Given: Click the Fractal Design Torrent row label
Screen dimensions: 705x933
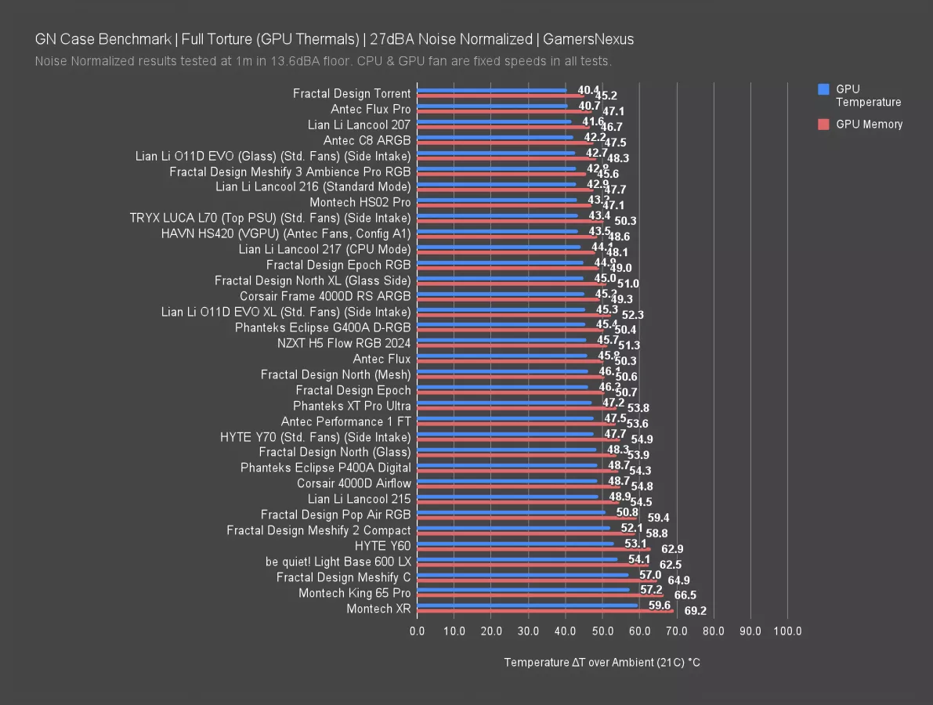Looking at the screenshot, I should pos(352,93).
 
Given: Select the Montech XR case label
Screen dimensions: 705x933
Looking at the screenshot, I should pos(378,609).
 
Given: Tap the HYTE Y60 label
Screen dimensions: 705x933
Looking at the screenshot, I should pos(382,546).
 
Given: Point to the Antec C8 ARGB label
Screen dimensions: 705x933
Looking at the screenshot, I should pos(367,140).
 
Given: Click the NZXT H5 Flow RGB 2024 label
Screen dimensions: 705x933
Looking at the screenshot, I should pos(344,343).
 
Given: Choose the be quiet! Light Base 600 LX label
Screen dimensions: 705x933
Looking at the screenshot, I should pos(338,562).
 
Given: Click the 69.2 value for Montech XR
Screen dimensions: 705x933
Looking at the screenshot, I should pos(695,611).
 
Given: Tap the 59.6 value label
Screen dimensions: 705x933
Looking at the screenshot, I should pos(660,606).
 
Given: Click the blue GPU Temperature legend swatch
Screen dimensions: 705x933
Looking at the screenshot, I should pos(823,89).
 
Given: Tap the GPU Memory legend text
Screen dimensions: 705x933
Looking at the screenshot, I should pos(869,125).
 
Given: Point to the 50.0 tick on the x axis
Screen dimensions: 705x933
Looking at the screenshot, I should pos(602,631).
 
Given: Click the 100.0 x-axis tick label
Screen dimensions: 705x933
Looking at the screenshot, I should pos(787,631).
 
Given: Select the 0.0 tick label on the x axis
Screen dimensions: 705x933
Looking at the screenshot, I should pos(418,631).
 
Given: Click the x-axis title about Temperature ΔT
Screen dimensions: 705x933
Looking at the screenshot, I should pos(602,663).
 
